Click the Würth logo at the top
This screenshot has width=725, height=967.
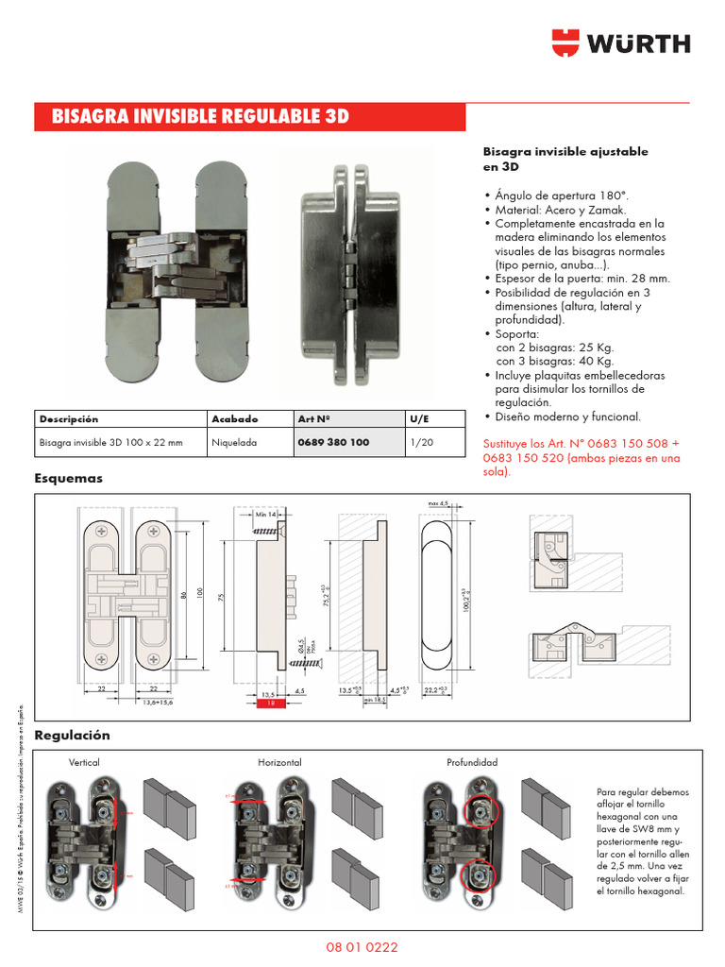(x=621, y=43)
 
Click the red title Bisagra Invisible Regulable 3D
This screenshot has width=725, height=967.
(x=200, y=117)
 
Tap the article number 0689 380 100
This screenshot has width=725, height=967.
(x=332, y=442)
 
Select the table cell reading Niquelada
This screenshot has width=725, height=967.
(x=234, y=442)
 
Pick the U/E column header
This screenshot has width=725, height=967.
(x=419, y=418)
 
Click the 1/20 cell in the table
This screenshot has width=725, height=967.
(x=422, y=442)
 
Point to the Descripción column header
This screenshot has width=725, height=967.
(x=68, y=418)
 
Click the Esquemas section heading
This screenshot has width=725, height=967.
(x=68, y=479)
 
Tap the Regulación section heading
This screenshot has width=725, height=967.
(x=72, y=735)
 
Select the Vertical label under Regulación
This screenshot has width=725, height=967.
(x=84, y=762)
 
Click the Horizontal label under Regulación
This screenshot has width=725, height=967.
(x=279, y=762)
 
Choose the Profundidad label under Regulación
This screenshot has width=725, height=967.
(x=472, y=762)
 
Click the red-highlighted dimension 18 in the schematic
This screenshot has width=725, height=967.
(x=269, y=704)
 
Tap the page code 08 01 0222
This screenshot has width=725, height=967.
(x=362, y=945)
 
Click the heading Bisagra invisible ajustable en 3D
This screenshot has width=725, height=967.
(x=565, y=159)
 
